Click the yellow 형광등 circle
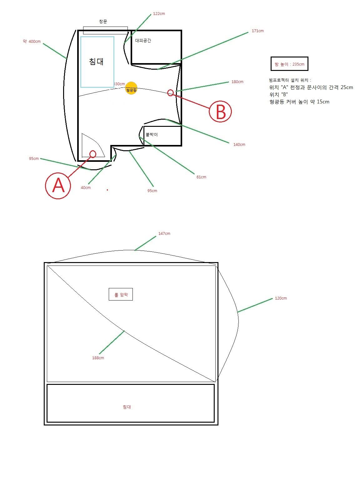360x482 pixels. coord(131,88)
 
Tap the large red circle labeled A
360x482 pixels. coord(58,186)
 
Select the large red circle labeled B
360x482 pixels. coord(220,111)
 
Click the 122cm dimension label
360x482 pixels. coord(159,14)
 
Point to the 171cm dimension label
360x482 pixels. coord(257,31)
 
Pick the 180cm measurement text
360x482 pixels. coord(237,82)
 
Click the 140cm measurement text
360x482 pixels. coord(239,145)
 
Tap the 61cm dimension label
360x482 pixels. coord(201,177)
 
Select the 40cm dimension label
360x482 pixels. coord(86,188)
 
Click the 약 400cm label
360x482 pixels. coord(32,42)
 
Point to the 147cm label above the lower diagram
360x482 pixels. coord(164,234)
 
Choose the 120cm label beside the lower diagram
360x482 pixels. coord(281,298)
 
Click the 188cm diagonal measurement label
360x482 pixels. coord(98,358)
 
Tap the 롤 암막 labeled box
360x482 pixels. coord(121,294)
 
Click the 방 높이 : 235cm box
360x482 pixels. coord(289,64)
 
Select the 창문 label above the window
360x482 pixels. coord(103,22)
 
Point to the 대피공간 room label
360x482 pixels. coord(143,41)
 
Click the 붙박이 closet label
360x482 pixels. coord(152,135)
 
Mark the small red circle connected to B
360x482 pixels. coord(170,93)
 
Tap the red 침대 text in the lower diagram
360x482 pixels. coord(127,407)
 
